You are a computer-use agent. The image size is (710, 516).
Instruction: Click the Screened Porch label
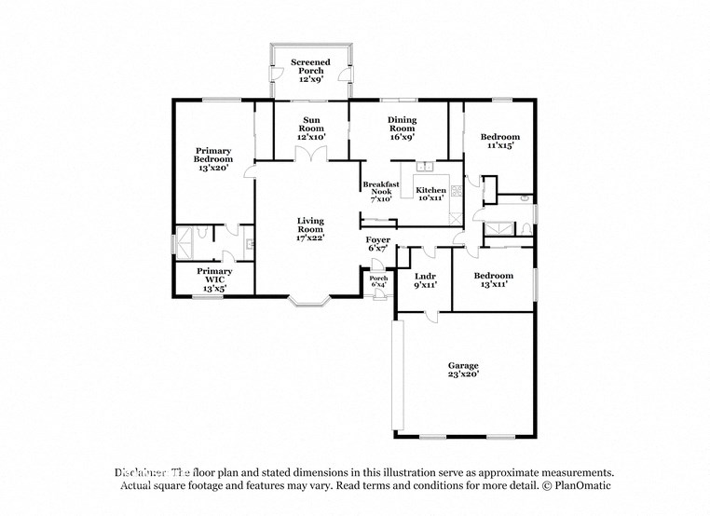click(x=310, y=70)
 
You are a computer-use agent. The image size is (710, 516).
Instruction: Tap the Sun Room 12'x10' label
click(x=310, y=129)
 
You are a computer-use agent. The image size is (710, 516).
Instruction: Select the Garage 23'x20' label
click(x=463, y=371)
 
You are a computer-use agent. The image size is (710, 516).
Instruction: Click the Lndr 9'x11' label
click(x=425, y=280)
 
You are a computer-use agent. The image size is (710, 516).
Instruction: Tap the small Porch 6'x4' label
click(x=378, y=281)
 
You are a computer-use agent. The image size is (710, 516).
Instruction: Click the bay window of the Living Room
click(x=307, y=301)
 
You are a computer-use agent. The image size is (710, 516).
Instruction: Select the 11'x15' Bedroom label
click(x=500, y=141)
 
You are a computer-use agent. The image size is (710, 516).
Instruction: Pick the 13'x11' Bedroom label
click(x=493, y=280)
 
